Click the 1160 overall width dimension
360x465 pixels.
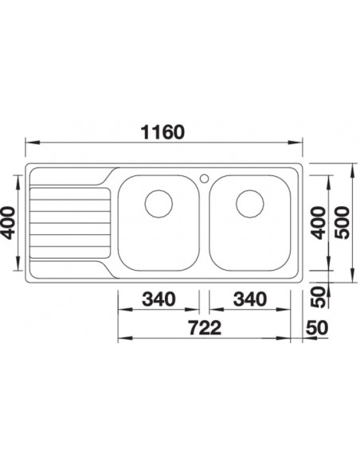[162, 132]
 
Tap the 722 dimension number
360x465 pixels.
[205, 328]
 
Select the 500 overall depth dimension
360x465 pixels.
[342, 223]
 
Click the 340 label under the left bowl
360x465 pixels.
[158, 299]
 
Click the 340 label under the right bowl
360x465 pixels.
[250, 299]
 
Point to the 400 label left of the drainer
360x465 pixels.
[8, 223]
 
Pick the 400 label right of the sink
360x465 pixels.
[319, 223]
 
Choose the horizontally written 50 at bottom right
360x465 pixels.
[317, 328]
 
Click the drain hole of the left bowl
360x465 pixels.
[158, 204]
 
